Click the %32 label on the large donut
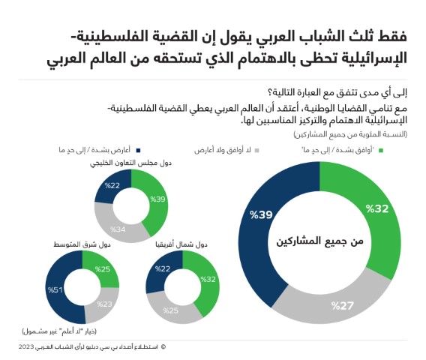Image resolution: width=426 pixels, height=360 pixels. (377, 208)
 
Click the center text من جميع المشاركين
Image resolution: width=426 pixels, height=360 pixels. (318, 241)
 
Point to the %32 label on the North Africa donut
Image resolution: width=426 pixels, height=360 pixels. (209, 280)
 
